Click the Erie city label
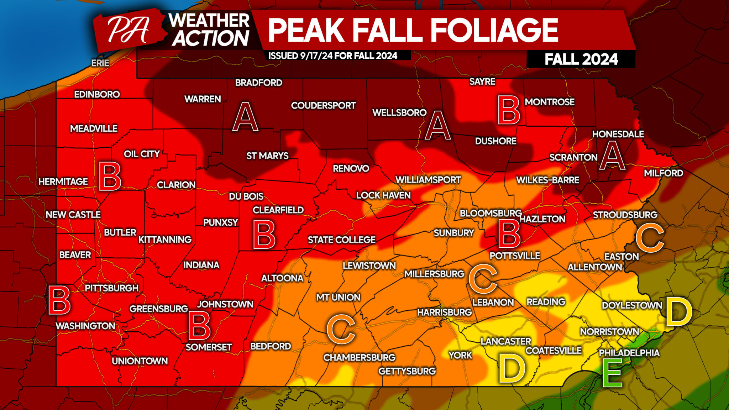[100, 63]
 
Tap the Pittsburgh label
[111, 288]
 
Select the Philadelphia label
[629, 353]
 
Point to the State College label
[341, 240]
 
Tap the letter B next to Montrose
[509, 110]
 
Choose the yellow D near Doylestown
[678, 311]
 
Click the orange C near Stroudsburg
[650, 237]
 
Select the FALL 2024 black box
[581, 59]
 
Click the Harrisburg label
[444, 312]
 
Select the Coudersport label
[323, 105]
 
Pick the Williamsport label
[428, 180]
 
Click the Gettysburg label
[407, 371]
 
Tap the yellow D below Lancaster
[512, 368]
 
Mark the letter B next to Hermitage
[110, 177]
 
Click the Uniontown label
[140, 361]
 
